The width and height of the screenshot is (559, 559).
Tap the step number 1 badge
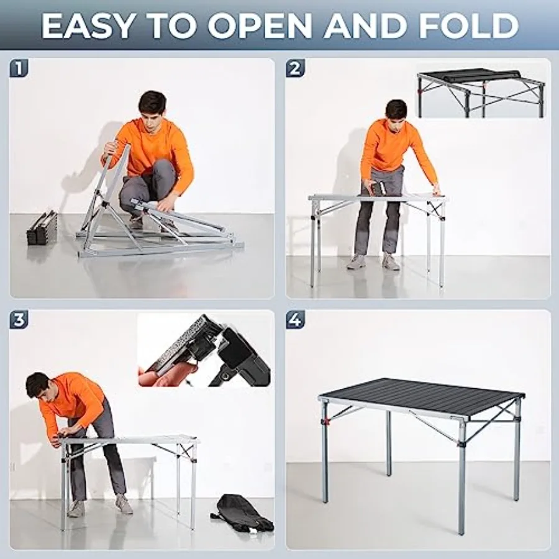pos(19,68)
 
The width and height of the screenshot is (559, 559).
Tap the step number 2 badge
pos(295,68)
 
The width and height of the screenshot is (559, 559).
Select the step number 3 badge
pos(19,320)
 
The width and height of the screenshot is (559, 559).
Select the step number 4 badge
pos(295,320)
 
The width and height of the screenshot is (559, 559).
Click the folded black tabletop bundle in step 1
pos(42,227)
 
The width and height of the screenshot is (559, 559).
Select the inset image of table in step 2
pos(480,92)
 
